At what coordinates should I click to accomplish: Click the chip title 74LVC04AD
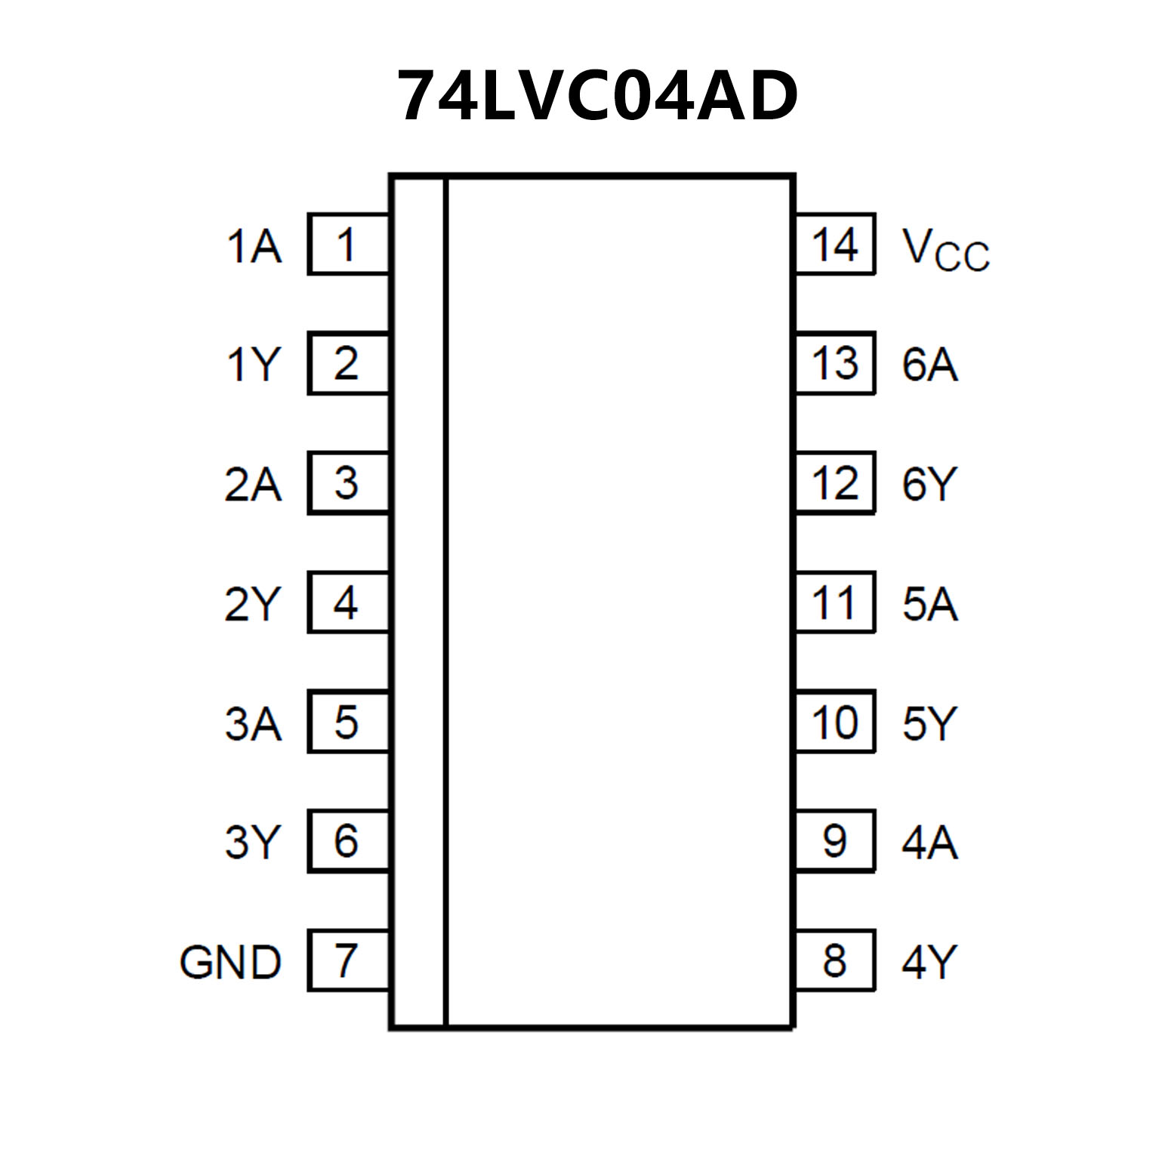(x=596, y=97)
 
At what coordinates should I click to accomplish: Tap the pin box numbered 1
(x=348, y=244)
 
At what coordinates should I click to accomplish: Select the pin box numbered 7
(x=348, y=960)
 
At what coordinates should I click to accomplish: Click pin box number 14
(x=834, y=244)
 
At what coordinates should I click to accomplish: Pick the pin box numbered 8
(x=834, y=960)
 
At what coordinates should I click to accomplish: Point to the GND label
(x=230, y=962)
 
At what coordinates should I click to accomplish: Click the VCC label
(x=945, y=249)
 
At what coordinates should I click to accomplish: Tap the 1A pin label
(x=254, y=246)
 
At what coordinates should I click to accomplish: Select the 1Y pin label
(x=254, y=365)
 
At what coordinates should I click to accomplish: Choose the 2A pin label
(x=253, y=484)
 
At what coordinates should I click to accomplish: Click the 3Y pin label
(x=253, y=842)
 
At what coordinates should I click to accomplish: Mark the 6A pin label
(x=929, y=365)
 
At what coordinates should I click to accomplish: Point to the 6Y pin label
(x=929, y=484)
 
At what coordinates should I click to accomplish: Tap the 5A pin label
(x=929, y=604)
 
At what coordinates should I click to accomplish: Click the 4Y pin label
(x=929, y=962)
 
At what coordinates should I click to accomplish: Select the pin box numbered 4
(x=348, y=603)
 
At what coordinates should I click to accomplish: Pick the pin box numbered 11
(x=834, y=603)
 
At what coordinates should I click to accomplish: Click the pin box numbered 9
(x=834, y=840)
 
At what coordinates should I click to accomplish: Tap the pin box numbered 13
(x=834, y=363)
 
